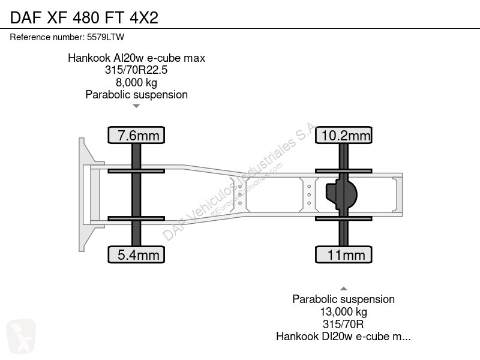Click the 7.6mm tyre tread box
click(136, 135)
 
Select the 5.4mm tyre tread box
click(136, 254)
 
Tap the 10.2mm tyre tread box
click(343, 135)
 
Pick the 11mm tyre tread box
click(343, 254)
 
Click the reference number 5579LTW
click(106, 37)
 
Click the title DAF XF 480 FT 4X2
click(84, 17)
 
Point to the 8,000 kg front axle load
click(137, 82)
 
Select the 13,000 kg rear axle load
click(343, 311)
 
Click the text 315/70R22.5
click(136, 70)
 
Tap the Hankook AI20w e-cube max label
click(137, 58)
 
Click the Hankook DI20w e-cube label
click(343, 337)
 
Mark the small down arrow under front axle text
click(136, 106)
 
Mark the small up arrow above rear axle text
click(343, 289)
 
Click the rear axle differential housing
click(341, 194)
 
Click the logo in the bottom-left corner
click(21, 336)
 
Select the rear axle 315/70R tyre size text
click(343, 324)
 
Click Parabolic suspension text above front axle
click(137, 95)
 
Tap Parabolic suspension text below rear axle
click(343, 299)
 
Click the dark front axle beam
click(136, 194)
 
